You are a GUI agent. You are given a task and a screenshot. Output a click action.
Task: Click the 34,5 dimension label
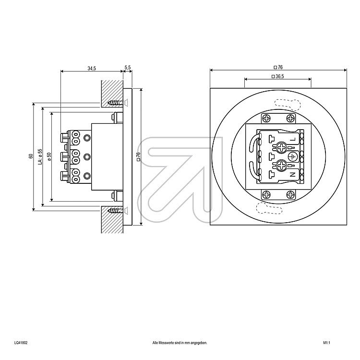92,68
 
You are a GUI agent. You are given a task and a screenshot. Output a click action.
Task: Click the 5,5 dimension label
128,67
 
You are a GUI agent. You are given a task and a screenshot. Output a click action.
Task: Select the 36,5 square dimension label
277,76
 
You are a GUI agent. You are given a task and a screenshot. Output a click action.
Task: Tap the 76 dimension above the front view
278,67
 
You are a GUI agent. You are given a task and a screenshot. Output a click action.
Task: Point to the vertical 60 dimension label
31,156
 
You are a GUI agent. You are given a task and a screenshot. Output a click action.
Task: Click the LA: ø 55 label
40,157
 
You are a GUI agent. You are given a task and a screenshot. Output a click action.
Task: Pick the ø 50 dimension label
48,156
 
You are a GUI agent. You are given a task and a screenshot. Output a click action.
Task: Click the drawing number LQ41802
21,343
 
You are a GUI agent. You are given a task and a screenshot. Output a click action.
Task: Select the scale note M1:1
327,343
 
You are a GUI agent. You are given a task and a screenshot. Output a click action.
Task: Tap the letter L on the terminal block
293,139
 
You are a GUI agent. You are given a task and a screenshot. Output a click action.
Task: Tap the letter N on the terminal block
292,175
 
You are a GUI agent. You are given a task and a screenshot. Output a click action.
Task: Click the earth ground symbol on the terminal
292,156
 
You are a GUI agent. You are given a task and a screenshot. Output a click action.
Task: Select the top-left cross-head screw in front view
266,119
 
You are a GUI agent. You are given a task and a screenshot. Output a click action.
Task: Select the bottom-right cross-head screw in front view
290,195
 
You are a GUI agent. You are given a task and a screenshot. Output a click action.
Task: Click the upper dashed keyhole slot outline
288,105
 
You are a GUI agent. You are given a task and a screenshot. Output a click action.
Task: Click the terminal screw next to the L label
281,147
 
